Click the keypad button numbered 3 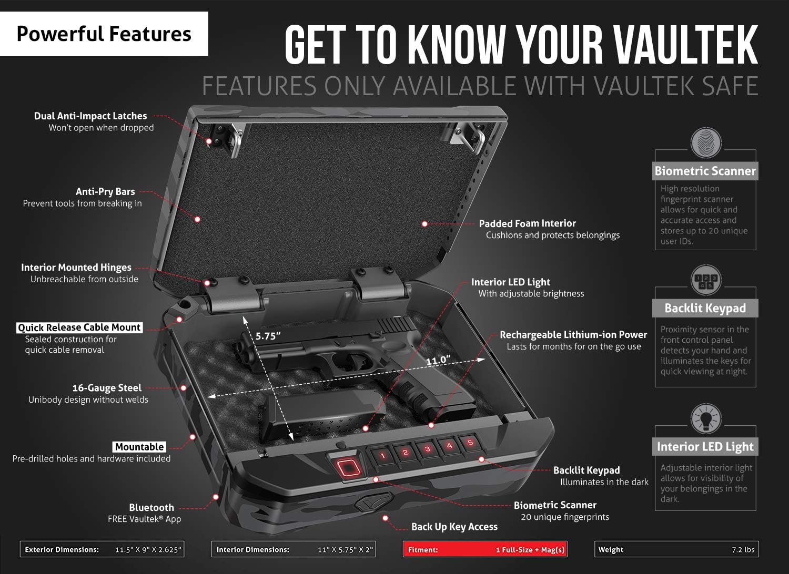coord(427,449)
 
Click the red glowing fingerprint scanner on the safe coord(346,467)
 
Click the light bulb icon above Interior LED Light coord(705,419)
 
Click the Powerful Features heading coord(104,34)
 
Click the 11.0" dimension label coord(438,360)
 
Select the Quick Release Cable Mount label coord(79,327)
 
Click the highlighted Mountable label coord(139,447)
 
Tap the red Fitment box coord(484,549)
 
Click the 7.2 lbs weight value coord(743,550)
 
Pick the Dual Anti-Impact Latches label coord(90,116)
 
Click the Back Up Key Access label coord(454,527)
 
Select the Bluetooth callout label coord(151,507)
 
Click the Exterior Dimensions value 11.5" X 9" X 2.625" coord(148,550)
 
